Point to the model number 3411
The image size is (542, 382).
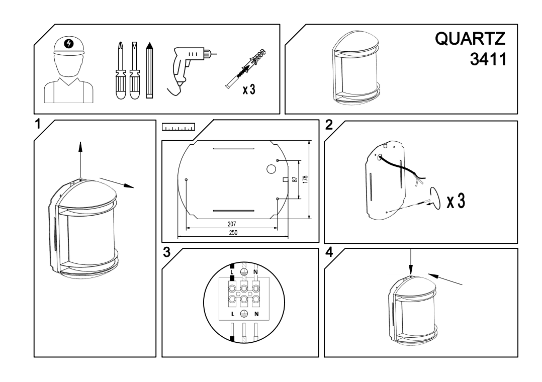[486, 59]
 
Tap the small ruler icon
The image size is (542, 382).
[178, 128]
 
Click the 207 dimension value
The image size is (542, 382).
[232, 223]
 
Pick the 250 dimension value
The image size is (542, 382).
[232, 233]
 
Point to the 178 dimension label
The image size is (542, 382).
[305, 179]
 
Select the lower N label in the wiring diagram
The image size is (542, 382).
[256, 314]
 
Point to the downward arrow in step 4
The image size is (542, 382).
[411, 261]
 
